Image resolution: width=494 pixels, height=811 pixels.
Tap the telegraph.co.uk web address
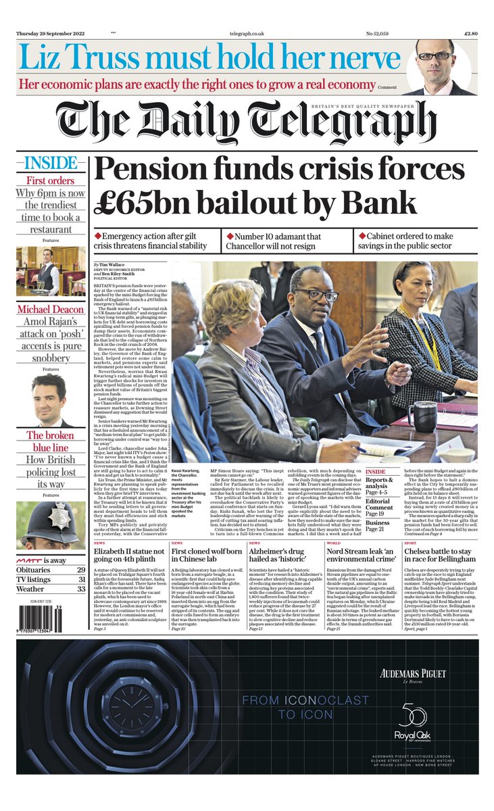[250, 32]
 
